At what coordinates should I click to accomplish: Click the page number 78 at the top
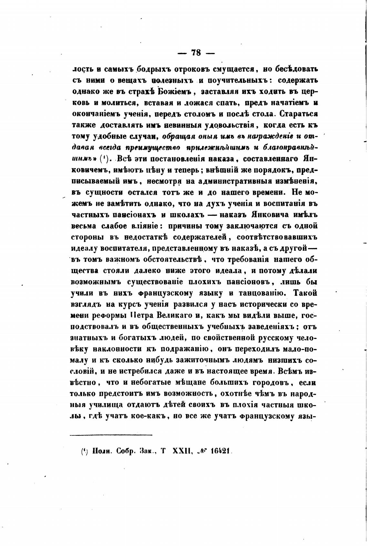pos(196,53)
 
